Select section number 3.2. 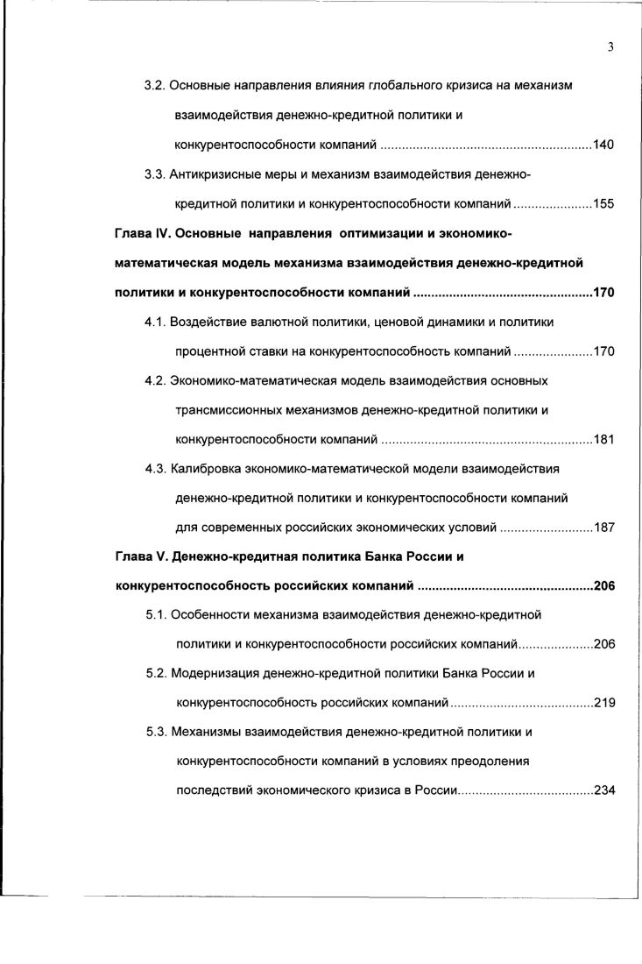(154, 86)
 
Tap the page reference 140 (603, 145)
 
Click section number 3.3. (154, 174)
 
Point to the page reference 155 (603, 204)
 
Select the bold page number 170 (603, 293)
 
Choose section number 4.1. (155, 323)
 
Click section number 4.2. (155, 381)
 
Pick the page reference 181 (603, 440)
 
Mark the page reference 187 (603, 528)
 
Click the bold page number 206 (603, 587)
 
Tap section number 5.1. (156, 616)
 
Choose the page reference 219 (603, 704)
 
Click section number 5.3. (156, 733)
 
